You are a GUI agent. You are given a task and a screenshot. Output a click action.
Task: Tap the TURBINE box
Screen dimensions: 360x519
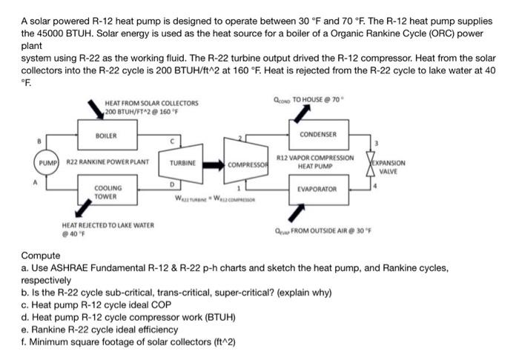182,161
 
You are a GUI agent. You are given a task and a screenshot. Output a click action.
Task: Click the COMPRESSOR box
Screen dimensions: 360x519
247,164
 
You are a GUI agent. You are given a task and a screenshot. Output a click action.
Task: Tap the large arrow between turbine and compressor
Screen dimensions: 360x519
212,162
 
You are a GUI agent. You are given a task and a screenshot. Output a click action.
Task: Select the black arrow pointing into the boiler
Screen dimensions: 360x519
93,110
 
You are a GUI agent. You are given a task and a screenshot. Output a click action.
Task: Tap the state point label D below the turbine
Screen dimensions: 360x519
172,184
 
